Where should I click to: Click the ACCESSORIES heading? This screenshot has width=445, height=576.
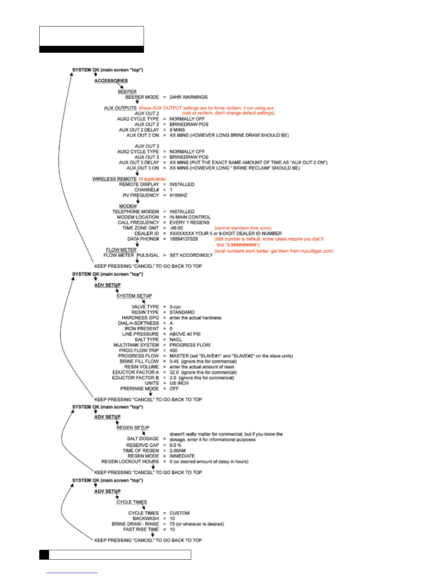coord(111,81)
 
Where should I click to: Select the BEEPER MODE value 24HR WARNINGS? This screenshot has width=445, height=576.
coord(188,97)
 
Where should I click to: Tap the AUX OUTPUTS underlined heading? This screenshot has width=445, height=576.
coord(120,108)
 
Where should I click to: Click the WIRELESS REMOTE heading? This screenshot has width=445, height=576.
coord(114,179)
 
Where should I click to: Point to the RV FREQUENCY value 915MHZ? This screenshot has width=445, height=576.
coord(178,195)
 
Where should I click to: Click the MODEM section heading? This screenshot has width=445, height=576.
coord(128,206)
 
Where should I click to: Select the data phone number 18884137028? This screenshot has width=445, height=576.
coord(184,239)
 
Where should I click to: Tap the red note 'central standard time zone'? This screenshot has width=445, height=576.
coord(242,228)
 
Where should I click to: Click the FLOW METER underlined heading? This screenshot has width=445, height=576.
coord(121,250)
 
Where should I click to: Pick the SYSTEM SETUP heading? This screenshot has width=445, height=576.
coord(134,296)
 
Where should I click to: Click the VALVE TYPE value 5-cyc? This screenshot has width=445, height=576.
coord(175,307)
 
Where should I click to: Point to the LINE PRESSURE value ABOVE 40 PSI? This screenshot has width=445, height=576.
coord(185,334)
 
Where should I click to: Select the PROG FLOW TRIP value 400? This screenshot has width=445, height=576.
coord(173,351)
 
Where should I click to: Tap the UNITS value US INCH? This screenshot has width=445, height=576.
coord(179,383)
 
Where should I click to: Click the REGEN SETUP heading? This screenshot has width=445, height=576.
coord(133,428)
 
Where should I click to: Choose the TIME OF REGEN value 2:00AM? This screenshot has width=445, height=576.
coord(177,451)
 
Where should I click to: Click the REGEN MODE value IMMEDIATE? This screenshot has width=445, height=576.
coord(182,456)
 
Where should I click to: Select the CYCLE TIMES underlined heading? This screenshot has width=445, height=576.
coord(132,502)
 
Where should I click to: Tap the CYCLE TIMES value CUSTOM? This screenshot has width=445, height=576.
coord(179,513)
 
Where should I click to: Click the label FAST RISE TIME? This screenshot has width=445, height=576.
coord(141,529)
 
